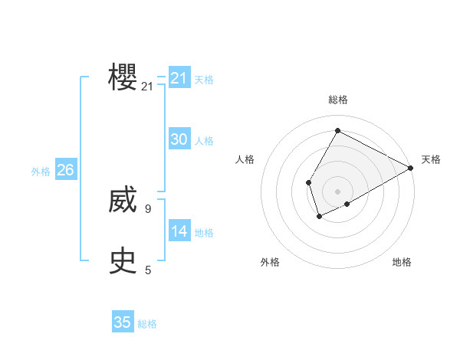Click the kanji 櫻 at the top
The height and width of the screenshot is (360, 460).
pos(123,77)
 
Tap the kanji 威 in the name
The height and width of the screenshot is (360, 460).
pos(123,201)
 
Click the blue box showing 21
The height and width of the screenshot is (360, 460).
pos(179,78)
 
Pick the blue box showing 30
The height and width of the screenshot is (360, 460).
pos(179,139)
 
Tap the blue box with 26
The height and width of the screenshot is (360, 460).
pos(65,170)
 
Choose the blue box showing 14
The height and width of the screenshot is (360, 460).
pos(179,231)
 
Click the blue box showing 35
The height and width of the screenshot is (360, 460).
pos(123,322)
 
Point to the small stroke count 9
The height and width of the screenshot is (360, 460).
pos(148,208)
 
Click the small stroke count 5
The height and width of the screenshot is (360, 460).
pos(148,270)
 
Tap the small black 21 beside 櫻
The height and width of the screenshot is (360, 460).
pos(148,87)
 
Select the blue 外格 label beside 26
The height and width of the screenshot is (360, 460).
pos(41,172)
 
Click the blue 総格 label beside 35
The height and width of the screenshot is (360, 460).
pos(147,324)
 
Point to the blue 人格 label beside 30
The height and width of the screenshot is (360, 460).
pos(204,141)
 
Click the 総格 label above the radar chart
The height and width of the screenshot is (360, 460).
pos(337,100)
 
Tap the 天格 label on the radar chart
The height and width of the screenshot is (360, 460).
pos(431,159)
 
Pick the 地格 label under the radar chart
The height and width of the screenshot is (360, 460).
pos(402,262)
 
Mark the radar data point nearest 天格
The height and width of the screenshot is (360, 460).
pos(411,168)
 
